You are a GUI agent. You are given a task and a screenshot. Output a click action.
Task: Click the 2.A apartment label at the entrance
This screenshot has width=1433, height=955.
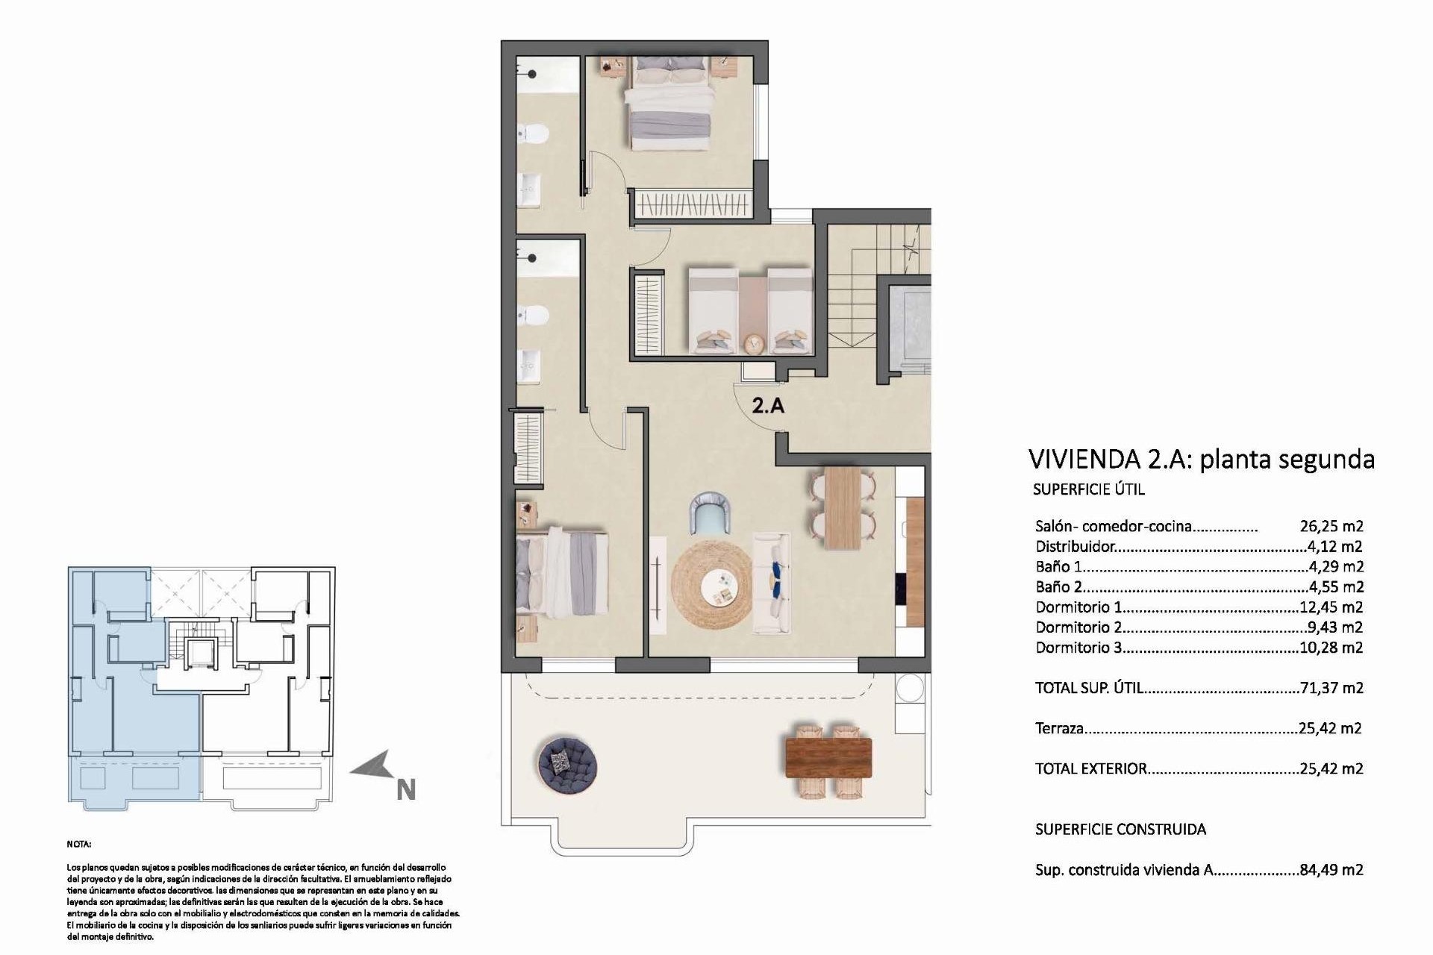click(767, 406)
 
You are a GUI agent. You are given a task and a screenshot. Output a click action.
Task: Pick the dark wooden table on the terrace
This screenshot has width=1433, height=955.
click(828, 757)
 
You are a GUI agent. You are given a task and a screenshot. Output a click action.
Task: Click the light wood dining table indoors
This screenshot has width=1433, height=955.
click(843, 507)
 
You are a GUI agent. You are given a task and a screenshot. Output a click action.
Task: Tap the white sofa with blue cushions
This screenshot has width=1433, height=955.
click(772, 583)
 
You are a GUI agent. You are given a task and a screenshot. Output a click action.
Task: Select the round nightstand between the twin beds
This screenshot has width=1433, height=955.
click(754, 342)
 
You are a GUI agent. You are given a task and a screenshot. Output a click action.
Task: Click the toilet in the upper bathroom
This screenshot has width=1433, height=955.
click(534, 134)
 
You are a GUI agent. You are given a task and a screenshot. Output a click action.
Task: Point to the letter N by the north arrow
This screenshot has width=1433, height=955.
click(405, 790)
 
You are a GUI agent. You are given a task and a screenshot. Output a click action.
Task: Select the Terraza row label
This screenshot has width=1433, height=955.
click(1059, 728)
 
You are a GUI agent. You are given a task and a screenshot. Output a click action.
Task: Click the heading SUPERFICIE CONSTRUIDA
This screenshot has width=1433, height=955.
click(1120, 829)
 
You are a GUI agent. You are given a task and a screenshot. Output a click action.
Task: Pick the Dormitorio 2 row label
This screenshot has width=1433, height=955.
click(1078, 627)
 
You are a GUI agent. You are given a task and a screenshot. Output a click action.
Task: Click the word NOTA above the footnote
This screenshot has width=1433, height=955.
click(78, 844)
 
